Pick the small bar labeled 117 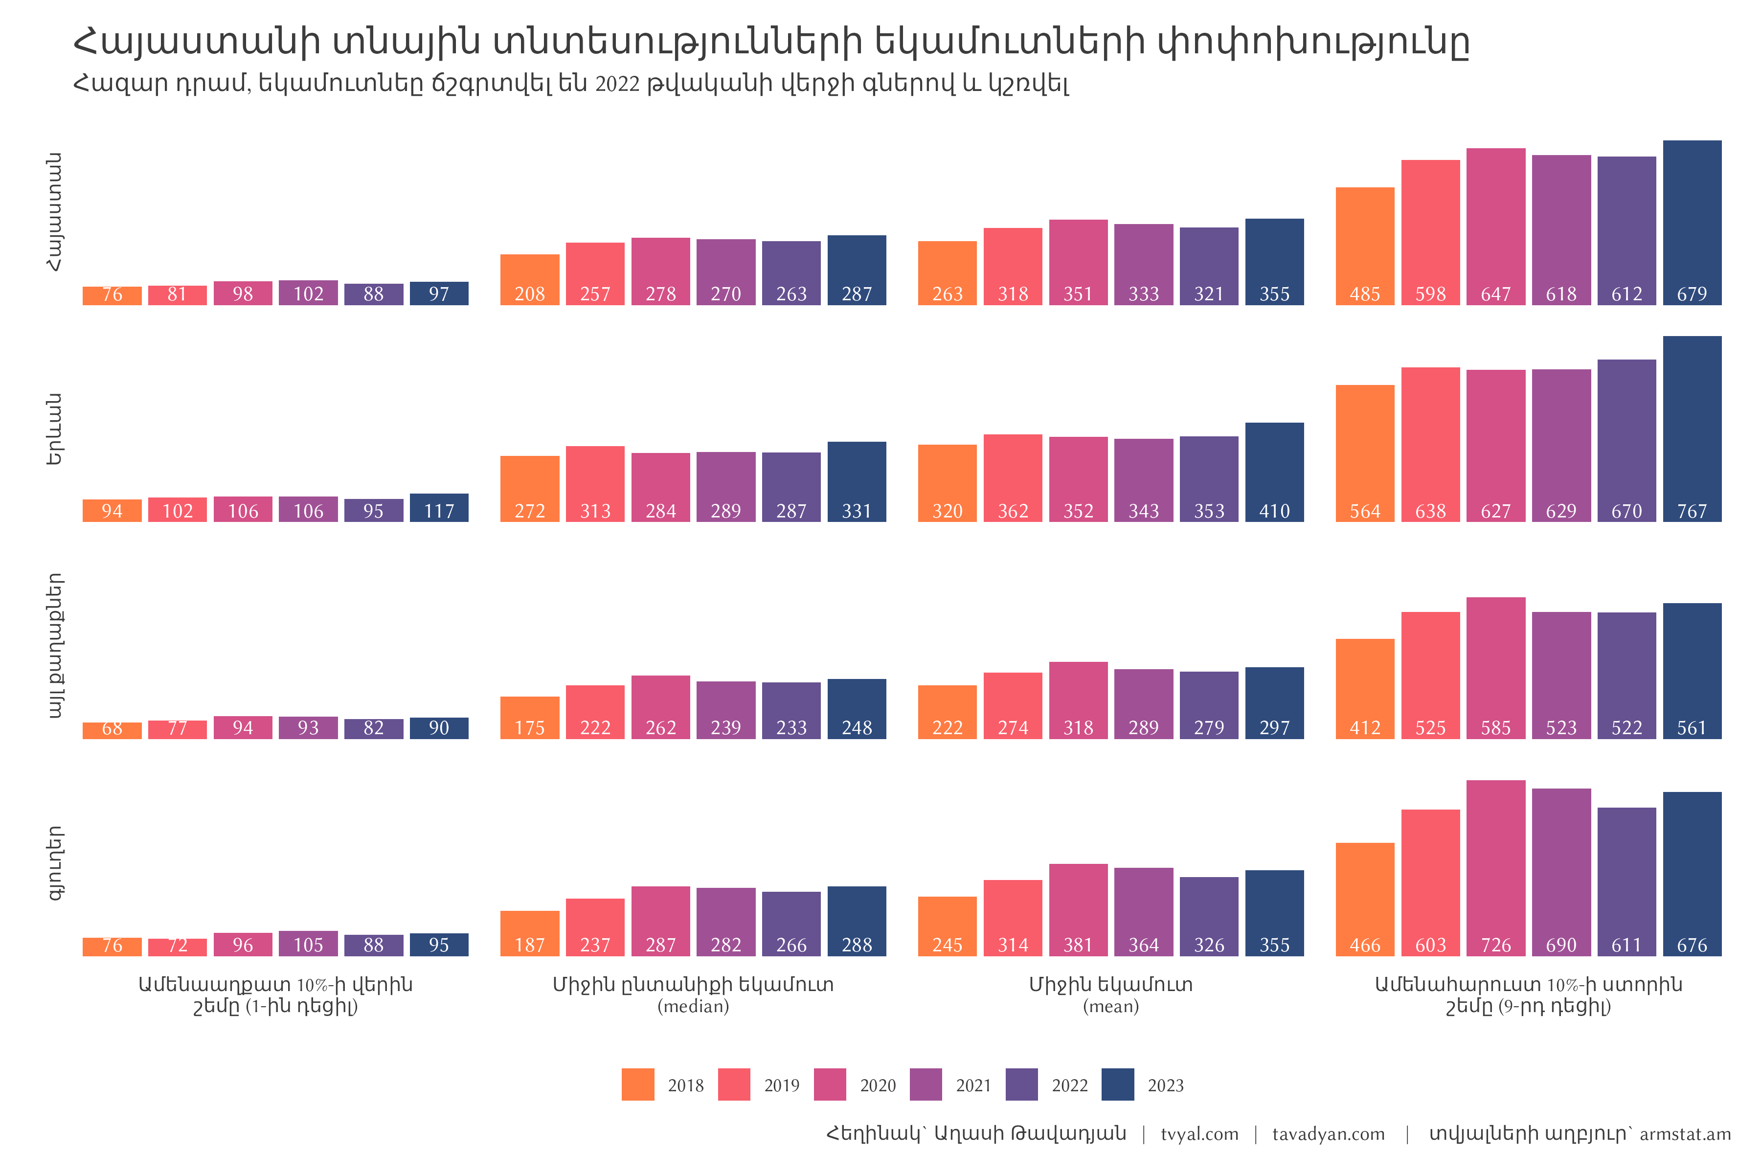(439, 508)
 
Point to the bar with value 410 (1274, 473)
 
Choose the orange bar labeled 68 (112, 731)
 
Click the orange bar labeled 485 (1364, 247)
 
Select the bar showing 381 (1078, 910)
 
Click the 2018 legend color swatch (637, 1084)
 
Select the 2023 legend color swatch (1117, 1084)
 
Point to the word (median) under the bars (693, 1006)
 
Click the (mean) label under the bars (1110, 1006)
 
